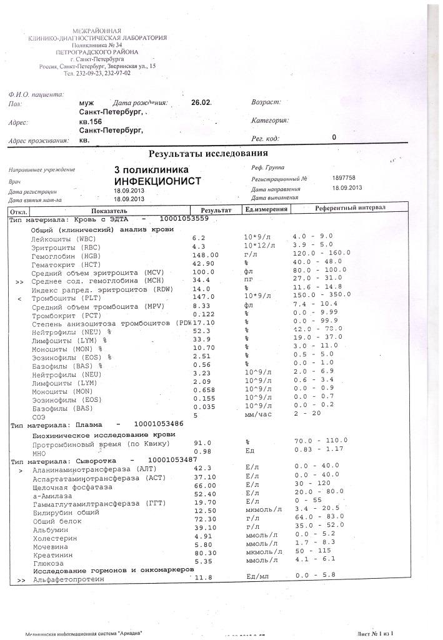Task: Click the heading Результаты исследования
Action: click(x=207, y=153)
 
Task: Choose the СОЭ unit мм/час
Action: click(x=258, y=415)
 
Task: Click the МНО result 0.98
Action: click(x=202, y=451)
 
